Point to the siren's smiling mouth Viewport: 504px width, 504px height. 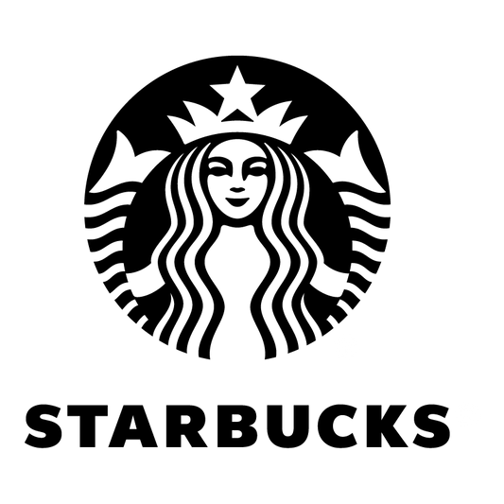pos(237,201)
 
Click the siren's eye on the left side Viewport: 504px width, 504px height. pos(218,166)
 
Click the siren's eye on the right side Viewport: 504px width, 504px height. pos(256,166)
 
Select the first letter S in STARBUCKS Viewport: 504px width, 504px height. pos(43,426)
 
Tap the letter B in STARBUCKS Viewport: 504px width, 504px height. pos(241,426)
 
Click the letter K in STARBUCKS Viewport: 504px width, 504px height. pos(388,426)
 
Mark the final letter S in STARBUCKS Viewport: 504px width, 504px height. pos(430,426)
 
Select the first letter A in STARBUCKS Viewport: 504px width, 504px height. pos(132,426)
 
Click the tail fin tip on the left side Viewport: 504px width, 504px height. pos(118,131)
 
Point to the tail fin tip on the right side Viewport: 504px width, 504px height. pos(356,131)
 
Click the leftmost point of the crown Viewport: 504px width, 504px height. pos(167,116)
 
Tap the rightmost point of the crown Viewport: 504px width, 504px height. pos(307,116)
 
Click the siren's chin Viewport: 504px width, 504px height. pos(237,216)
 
